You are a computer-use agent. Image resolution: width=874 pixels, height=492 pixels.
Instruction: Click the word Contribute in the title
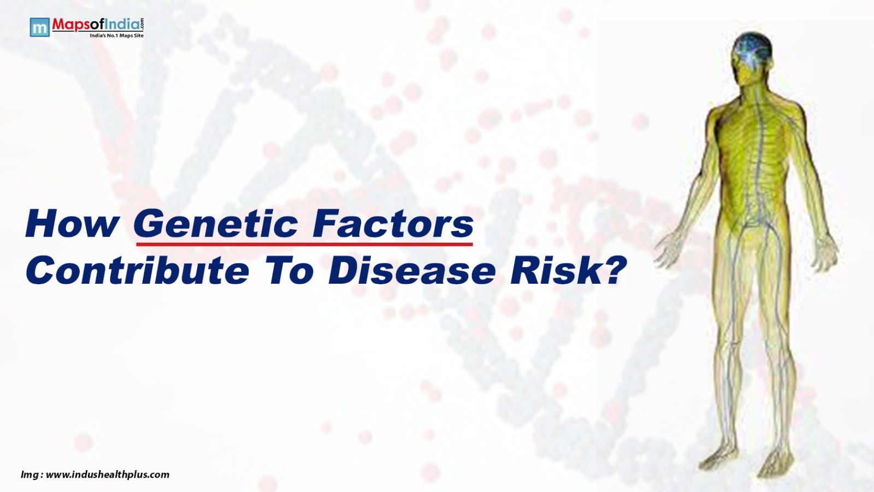pyautogui.click(x=137, y=270)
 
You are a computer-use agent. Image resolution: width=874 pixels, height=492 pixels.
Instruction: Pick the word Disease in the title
pyautogui.click(x=412, y=270)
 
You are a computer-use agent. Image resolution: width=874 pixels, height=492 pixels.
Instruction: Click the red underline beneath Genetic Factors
pyautogui.click(x=304, y=244)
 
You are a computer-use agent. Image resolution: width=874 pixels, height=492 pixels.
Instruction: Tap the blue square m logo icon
pyautogui.click(x=39, y=27)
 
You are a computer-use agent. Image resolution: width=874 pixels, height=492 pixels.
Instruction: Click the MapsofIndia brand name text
pyautogui.click(x=96, y=25)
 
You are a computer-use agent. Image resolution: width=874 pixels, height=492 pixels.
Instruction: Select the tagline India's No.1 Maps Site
pyautogui.click(x=117, y=36)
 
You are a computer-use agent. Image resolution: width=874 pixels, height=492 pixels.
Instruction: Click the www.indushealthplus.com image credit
pyautogui.click(x=108, y=475)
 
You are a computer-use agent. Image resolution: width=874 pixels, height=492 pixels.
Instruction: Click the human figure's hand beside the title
pyautogui.click(x=668, y=250)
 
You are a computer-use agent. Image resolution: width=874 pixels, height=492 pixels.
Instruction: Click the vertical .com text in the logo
pyautogui.click(x=142, y=24)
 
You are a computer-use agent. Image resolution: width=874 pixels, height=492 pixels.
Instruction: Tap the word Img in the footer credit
pyautogui.click(x=29, y=475)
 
